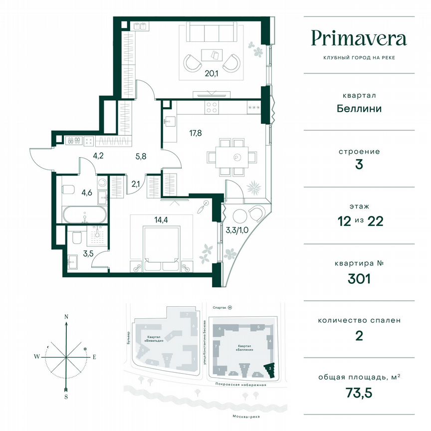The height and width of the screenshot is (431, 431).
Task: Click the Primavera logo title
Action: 359,38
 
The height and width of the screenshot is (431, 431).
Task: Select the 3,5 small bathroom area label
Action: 74,253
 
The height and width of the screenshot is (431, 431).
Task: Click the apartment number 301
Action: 359,278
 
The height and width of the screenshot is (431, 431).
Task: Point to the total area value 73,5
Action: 359,392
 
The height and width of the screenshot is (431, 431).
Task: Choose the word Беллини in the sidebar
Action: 359,108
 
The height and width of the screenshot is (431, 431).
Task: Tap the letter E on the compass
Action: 94,357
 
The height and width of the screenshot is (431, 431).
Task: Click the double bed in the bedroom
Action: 161,244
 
